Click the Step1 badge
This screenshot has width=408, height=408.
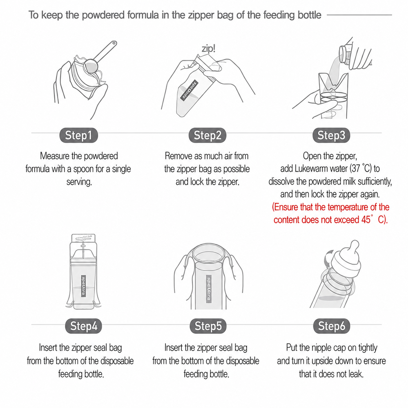[x=78, y=135]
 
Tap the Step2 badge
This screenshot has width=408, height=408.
[x=207, y=135]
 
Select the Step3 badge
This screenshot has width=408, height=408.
[x=331, y=135]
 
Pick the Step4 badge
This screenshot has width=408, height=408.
[x=83, y=326]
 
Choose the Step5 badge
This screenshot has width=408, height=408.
[x=208, y=326]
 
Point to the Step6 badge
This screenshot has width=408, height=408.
[x=331, y=326]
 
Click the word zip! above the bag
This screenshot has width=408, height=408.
[x=209, y=48]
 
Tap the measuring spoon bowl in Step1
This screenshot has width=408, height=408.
[x=91, y=66]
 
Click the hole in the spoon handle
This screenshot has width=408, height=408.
[x=114, y=43]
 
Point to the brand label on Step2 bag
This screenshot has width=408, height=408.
[x=189, y=90]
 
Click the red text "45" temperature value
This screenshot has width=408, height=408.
[x=366, y=220]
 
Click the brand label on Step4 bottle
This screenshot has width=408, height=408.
[x=83, y=286]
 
